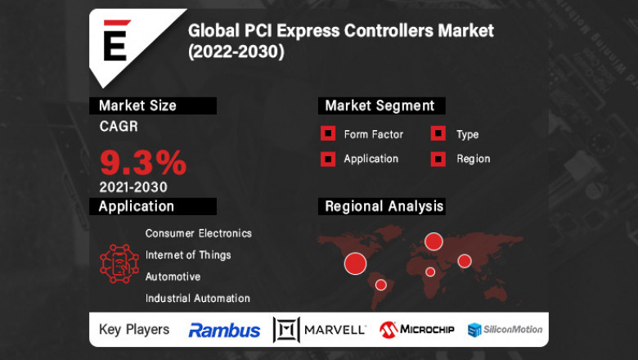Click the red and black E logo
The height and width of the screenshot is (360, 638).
point(115,40)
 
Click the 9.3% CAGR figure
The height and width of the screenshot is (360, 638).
point(143,161)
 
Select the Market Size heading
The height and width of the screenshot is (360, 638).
point(137,106)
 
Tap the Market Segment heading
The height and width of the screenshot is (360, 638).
point(380,106)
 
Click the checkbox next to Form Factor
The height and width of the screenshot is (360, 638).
point(327,134)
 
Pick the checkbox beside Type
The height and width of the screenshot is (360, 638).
point(438,134)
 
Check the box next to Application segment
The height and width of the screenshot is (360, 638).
point(327,159)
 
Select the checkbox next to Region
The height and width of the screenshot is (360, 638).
point(438,159)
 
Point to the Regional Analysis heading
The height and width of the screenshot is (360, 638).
point(384,206)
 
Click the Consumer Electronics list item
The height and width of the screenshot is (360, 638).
point(199,233)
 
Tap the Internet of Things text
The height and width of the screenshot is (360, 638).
point(188,254)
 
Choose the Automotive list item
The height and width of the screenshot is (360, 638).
point(173,277)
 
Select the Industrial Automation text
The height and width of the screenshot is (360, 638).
point(198,299)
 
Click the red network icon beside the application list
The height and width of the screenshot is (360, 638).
point(119,263)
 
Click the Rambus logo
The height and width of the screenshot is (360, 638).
point(224,331)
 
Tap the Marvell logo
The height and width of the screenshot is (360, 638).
point(320,330)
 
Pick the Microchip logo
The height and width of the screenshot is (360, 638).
point(417,330)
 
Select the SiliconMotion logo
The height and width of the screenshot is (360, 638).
point(505,330)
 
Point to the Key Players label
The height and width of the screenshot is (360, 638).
point(134,330)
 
